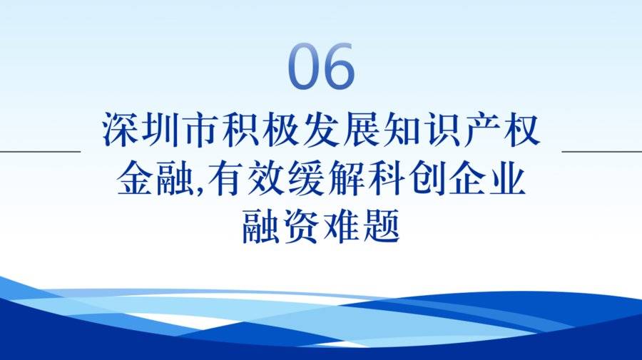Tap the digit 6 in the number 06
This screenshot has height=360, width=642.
coord(339,66)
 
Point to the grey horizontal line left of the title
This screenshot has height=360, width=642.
coord(40,151)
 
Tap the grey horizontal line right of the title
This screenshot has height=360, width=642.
coord(602,151)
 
